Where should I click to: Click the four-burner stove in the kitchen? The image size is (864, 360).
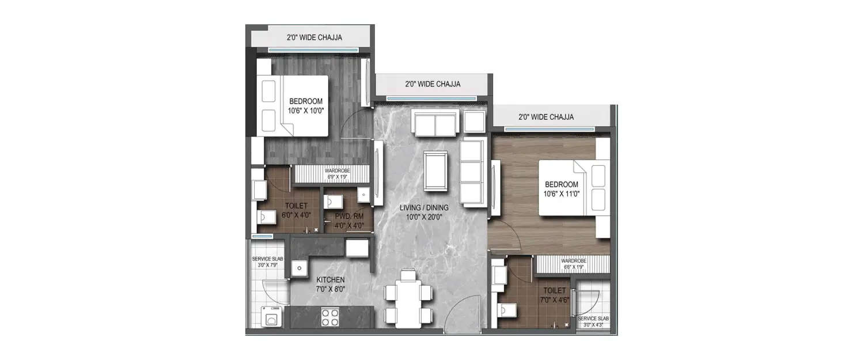coord(329,316)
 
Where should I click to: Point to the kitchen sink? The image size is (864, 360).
coord(299,268)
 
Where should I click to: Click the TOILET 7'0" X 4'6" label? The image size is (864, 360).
coord(552,295)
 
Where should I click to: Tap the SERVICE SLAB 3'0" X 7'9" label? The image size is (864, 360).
coord(268,262)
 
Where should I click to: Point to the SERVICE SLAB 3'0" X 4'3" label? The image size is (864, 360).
coord(593,321)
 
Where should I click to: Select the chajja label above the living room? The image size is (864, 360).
coord(433,84)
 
